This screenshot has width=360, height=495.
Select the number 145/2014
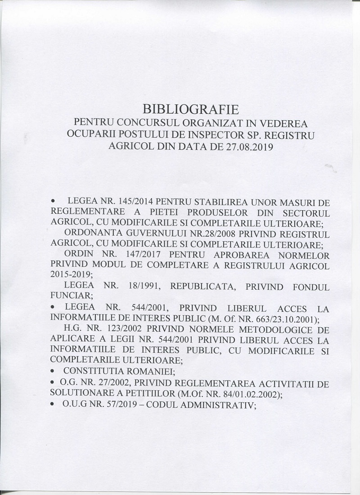pos(130,200)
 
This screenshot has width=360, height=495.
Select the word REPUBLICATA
pos(210,287)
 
